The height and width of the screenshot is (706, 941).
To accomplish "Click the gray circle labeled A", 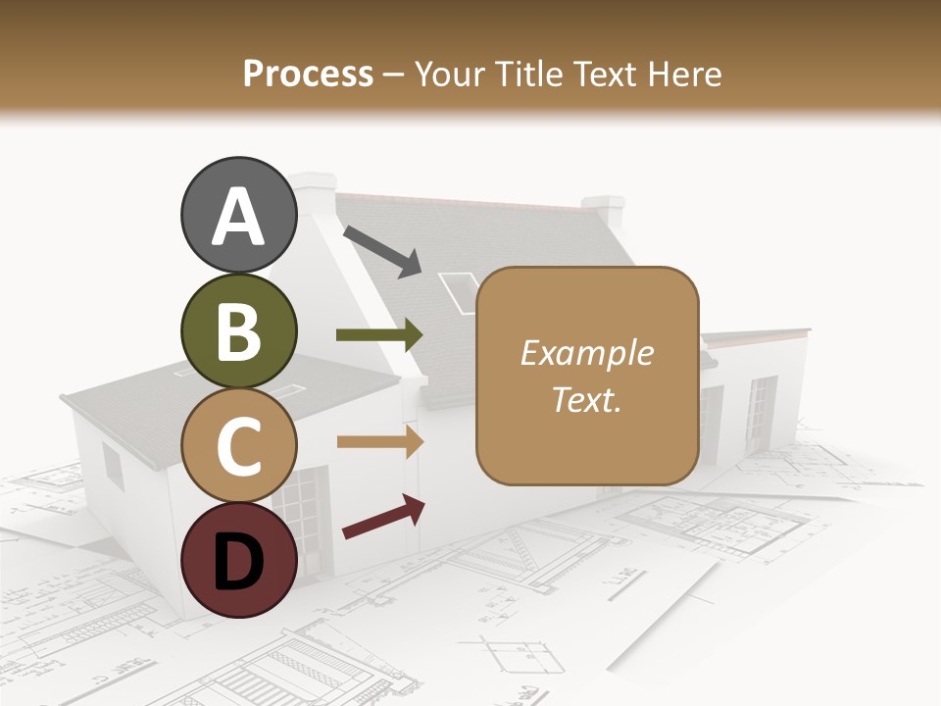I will [238, 215].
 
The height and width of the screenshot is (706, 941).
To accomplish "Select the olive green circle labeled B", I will [238, 330].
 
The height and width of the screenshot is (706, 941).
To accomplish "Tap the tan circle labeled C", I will [238, 445].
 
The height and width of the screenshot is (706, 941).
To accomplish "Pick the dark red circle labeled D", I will [238, 560].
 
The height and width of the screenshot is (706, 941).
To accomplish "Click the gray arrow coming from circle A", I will [382, 251].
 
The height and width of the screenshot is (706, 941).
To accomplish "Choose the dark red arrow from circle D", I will [383, 518].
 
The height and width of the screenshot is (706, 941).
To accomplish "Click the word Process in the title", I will [308, 74].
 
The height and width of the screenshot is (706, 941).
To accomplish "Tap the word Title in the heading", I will [528, 74].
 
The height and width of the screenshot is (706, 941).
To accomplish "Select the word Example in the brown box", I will [587, 353].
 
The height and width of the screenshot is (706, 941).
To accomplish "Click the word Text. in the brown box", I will [587, 399].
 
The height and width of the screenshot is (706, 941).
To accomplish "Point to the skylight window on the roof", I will [458, 291].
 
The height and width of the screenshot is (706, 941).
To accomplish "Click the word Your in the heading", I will [452, 74].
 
